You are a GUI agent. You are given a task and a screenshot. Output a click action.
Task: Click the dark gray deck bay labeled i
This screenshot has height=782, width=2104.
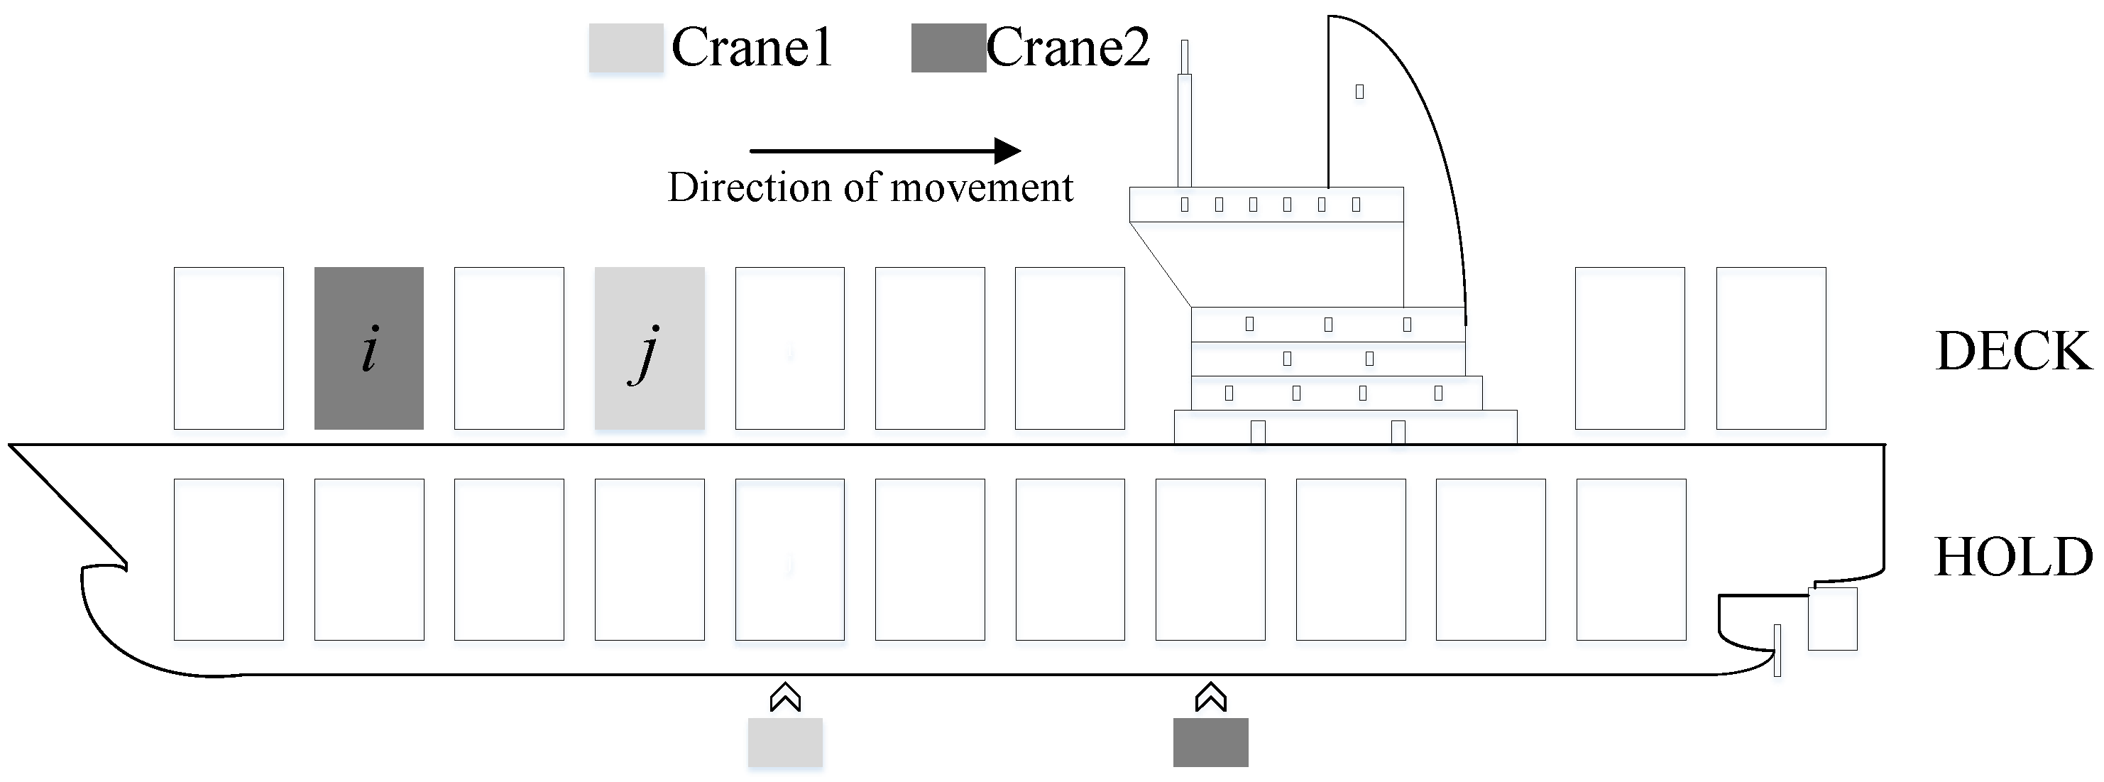[369, 348]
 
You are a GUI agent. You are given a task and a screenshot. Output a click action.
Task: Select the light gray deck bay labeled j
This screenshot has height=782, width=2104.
[650, 348]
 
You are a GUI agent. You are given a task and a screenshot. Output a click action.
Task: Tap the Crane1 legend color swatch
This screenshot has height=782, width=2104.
[625, 48]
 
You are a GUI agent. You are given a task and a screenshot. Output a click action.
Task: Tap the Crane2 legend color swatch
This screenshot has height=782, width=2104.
[948, 48]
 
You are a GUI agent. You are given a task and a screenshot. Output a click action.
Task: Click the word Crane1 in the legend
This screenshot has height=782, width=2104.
[752, 48]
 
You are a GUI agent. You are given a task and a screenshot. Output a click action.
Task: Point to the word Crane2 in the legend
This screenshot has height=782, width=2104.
[1068, 48]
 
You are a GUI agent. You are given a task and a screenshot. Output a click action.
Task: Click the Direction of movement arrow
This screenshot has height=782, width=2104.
[885, 151]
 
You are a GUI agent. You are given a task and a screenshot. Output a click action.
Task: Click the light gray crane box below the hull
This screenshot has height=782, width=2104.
[785, 742]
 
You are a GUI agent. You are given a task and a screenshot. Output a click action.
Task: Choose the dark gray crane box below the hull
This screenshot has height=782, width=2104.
[1210, 742]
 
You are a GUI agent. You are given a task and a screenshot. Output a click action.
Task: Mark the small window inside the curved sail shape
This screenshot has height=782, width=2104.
[1359, 92]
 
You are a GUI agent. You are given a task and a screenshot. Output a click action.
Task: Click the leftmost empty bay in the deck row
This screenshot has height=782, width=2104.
[229, 348]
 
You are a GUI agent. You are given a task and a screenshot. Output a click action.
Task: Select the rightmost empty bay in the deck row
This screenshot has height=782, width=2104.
[1771, 348]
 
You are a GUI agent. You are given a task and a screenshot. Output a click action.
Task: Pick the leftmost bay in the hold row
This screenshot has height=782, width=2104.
[229, 560]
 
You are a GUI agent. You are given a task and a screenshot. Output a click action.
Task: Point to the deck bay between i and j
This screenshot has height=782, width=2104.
[509, 348]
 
